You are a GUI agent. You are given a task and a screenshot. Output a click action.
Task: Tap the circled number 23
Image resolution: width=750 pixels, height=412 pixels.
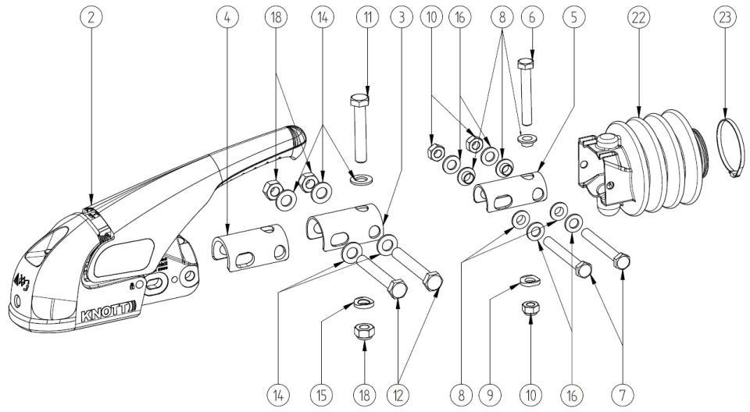click(x=727, y=16)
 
